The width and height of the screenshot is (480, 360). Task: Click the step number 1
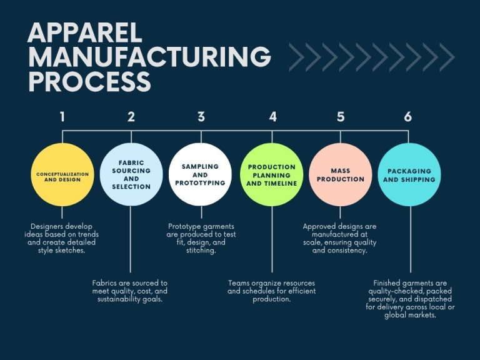(x=62, y=116)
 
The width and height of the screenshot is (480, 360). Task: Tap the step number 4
(x=272, y=116)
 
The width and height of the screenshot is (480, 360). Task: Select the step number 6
(x=408, y=116)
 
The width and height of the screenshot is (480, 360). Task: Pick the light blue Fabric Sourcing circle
(x=131, y=174)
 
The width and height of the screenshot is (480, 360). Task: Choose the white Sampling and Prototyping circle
(x=201, y=174)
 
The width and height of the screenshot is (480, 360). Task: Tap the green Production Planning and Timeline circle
(x=272, y=175)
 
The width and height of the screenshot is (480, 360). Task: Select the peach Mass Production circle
(x=340, y=175)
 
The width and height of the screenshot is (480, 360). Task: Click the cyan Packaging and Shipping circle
(x=410, y=175)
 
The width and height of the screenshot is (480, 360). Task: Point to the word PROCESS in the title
(x=89, y=82)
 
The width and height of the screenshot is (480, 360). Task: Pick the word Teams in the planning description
(x=240, y=283)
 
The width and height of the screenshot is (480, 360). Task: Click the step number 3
(x=201, y=116)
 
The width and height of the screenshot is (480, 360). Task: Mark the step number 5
(x=341, y=116)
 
